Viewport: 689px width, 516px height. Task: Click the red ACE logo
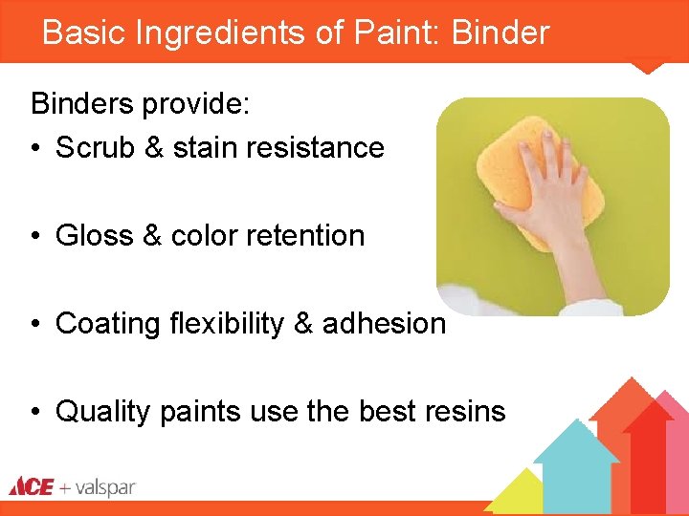tap(31, 487)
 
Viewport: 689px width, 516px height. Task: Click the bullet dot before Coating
tap(34, 324)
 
